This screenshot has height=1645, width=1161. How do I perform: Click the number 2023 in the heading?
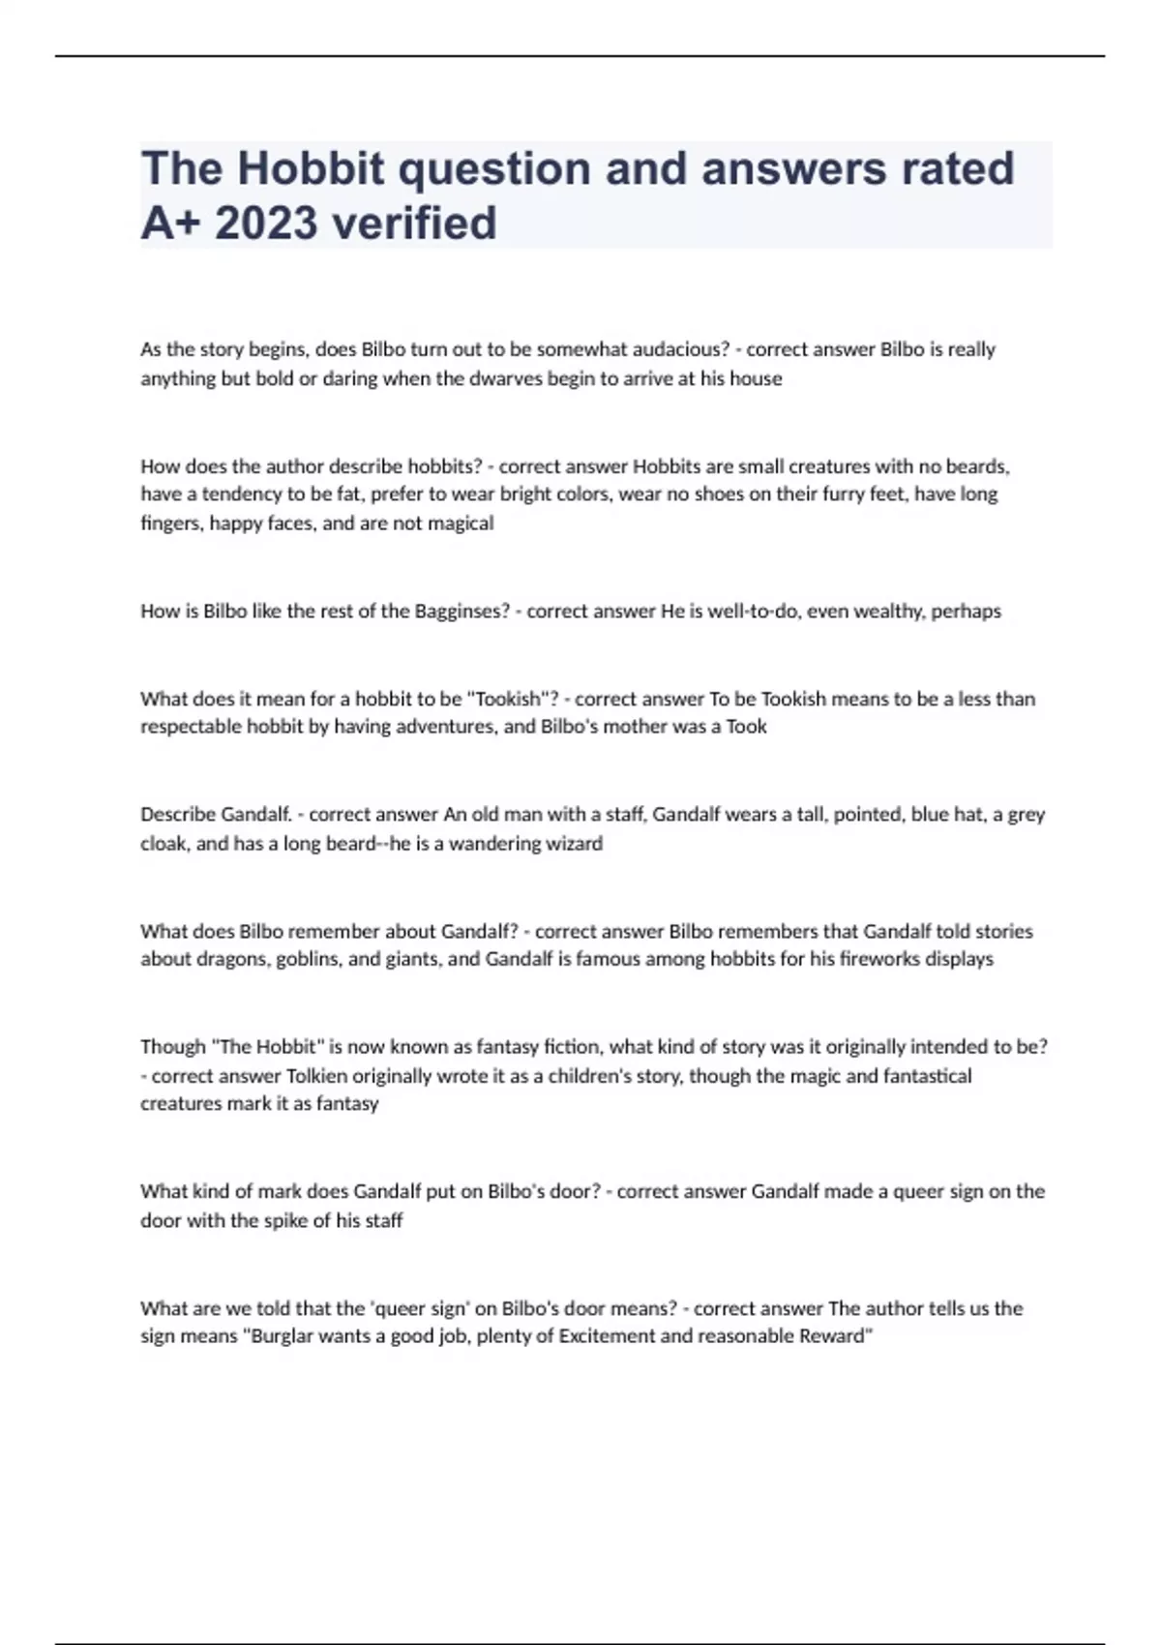(266, 223)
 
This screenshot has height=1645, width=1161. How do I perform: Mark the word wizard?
(574, 844)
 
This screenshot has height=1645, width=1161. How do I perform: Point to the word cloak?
(164, 844)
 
